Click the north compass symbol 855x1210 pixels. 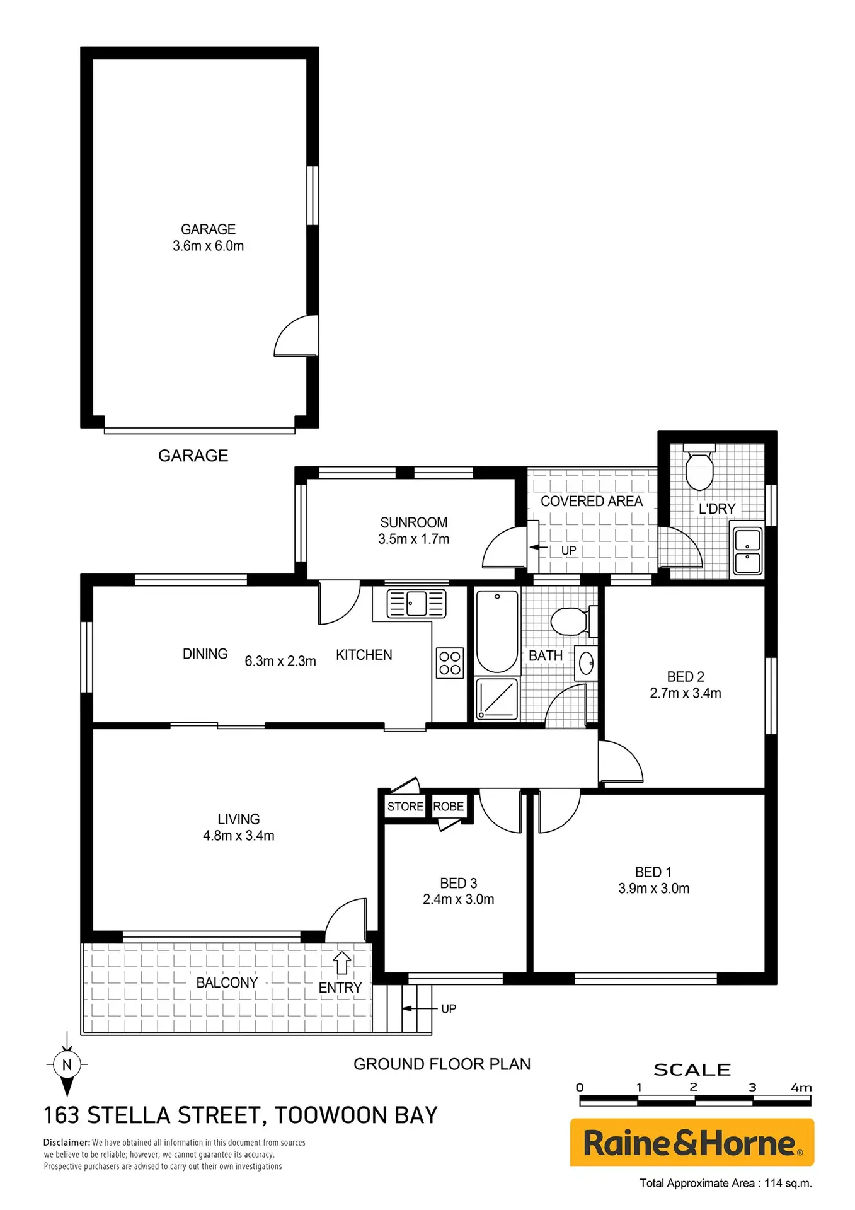pos(67,1064)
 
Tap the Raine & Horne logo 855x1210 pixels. pos(692,1142)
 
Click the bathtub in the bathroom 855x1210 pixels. pos(496,631)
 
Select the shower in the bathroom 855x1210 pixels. pos(497,698)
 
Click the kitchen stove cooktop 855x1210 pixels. pos(450,663)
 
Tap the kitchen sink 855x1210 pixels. pos(416,603)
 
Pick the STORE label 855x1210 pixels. pos(405,807)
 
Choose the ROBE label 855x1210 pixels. pos(449,807)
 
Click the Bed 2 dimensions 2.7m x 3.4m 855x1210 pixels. pos(686,693)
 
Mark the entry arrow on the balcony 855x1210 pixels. pos(342,962)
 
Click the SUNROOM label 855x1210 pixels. pos(414,522)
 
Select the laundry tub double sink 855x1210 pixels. pos(748,551)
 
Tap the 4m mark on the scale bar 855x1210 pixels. pos(801,1088)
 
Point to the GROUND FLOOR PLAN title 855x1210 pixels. pos(442,1064)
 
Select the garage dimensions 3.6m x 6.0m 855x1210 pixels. pos(209,246)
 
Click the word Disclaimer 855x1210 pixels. pos(67,1143)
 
